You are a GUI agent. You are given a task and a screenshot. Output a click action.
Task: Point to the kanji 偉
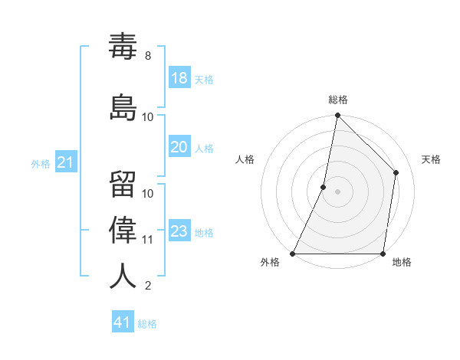(x=123, y=229)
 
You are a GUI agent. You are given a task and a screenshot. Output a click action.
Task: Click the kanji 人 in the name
(x=123, y=276)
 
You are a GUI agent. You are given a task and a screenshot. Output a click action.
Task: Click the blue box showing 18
(x=179, y=78)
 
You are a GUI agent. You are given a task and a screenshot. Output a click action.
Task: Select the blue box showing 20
(x=179, y=147)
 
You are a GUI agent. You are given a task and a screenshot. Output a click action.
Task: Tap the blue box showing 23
(x=179, y=231)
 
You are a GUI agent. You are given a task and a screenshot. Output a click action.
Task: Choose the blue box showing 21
(x=65, y=162)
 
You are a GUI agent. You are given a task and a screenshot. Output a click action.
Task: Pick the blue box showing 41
(x=123, y=322)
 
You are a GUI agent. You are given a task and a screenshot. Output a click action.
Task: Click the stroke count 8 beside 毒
(x=148, y=56)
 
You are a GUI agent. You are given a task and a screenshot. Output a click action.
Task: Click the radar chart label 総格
(x=338, y=100)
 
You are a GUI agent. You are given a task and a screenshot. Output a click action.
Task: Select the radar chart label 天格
(x=431, y=159)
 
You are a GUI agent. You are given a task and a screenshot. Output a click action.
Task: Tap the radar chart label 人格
(x=245, y=159)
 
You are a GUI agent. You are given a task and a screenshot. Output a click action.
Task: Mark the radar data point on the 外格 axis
(x=293, y=254)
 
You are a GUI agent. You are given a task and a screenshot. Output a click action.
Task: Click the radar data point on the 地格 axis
(x=383, y=254)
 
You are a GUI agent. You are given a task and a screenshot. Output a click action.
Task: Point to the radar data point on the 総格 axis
(x=337, y=116)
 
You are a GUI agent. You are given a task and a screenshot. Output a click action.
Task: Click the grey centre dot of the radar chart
(x=337, y=191)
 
